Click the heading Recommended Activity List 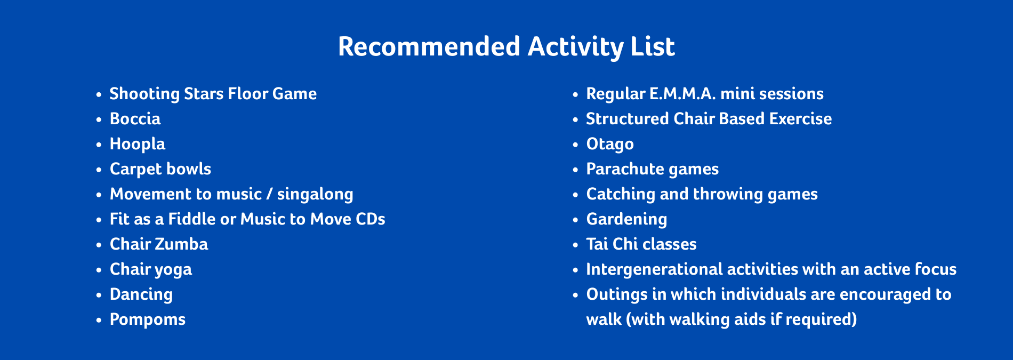(506, 47)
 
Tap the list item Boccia (135, 118)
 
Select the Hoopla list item (138, 144)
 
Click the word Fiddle (199, 219)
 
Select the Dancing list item (141, 294)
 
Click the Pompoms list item (148, 319)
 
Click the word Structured (628, 118)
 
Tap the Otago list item (610, 144)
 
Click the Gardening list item (626, 219)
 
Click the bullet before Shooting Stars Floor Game (99, 94)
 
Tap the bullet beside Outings (575, 295)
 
